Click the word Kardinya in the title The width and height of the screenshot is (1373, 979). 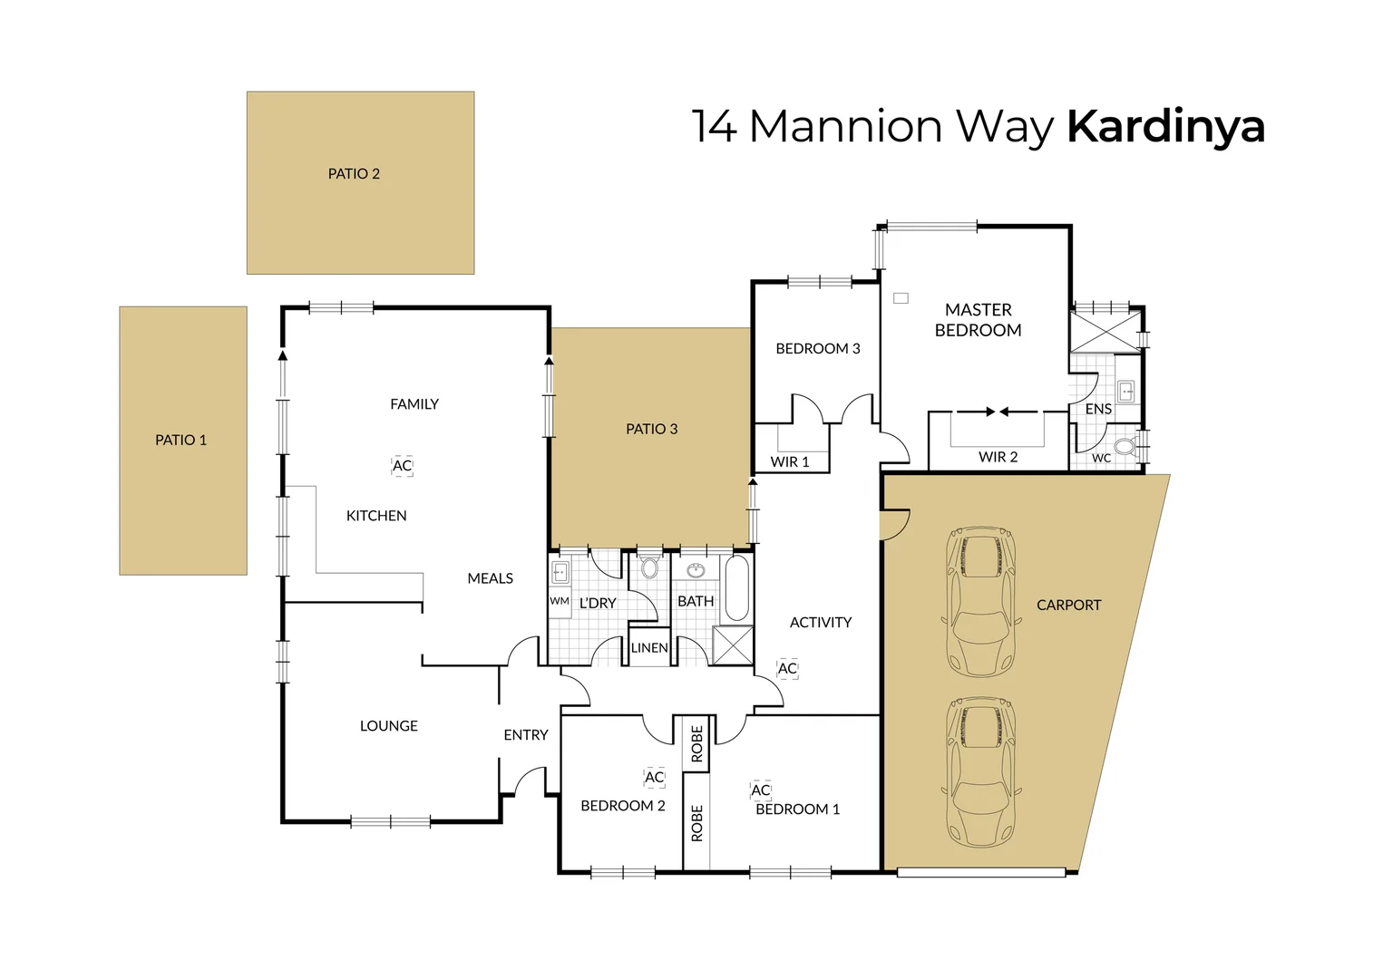pos(1165,127)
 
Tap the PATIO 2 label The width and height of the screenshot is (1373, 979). pos(354,174)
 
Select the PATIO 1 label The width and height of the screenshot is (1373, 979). pos(180,441)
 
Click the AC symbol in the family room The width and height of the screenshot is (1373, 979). pos(402,466)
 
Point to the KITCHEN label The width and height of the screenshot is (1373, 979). pos(376,516)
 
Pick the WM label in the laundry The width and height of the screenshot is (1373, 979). pos(560,601)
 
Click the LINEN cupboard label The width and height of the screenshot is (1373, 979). pos(649,648)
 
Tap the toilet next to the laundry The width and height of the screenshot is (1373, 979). pos(649,568)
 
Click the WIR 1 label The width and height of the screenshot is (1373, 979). pos(790,462)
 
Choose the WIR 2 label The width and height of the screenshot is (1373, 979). pos(998,457)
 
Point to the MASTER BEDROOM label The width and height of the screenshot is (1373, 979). pos(978,320)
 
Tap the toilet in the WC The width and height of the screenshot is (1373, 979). pos(1125,447)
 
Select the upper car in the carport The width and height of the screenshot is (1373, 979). pos(980,602)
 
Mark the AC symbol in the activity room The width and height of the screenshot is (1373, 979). pos(787,669)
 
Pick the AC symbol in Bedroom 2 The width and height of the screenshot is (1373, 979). pos(654,778)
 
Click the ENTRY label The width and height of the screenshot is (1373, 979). pos(526,735)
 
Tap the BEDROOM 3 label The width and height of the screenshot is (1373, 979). pos(818,349)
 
